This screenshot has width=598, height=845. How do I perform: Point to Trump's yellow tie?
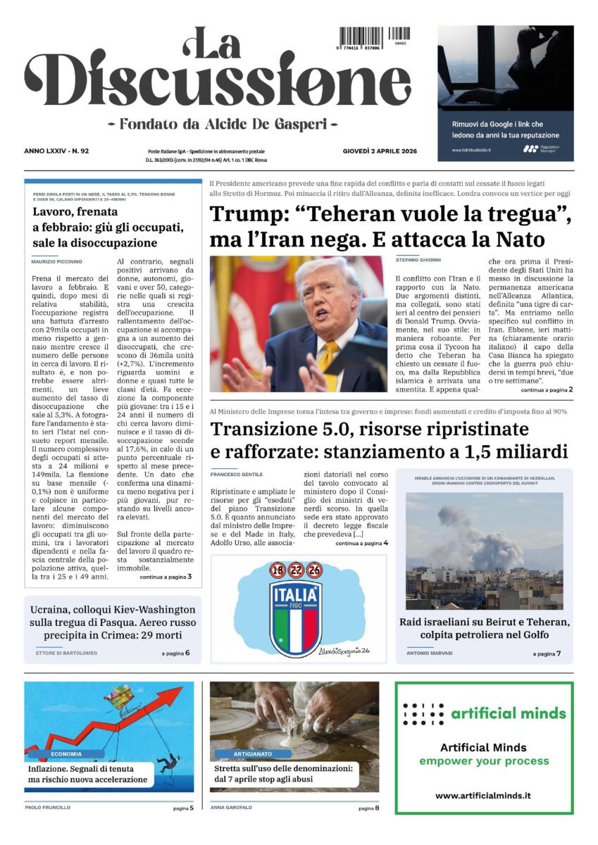(327, 359)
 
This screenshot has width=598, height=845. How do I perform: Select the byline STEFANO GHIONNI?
(417, 261)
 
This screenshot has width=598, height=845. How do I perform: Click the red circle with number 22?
(296, 570)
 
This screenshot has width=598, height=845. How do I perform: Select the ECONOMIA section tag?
(66, 753)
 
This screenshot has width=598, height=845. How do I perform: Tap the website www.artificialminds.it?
(483, 796)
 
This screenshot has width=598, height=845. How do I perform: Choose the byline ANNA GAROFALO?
(230, 808)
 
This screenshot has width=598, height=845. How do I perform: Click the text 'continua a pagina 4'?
(361, 544)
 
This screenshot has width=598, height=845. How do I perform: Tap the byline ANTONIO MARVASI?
(430, 653)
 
